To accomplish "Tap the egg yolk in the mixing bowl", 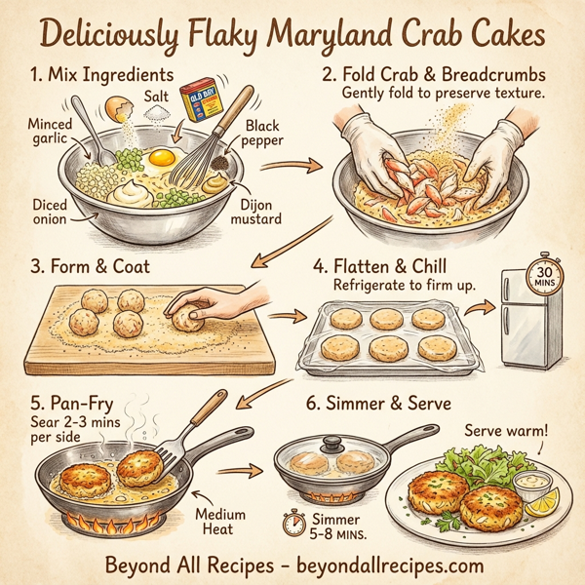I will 164,156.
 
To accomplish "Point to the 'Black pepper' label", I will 261,134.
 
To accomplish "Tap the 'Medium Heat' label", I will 219,522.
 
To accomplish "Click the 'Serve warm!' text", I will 509,430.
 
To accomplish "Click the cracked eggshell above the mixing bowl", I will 120,104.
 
